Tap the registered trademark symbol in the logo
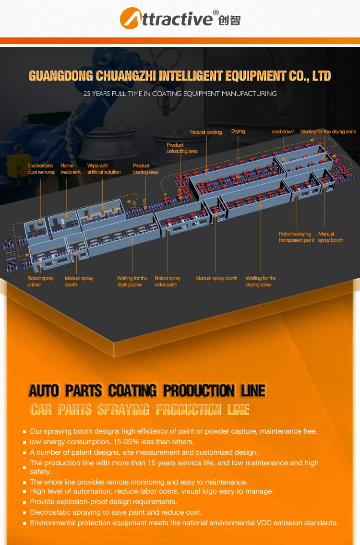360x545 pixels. click(216, 12)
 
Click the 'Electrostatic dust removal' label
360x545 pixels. click(41, 169)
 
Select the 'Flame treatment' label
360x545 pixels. click(70, 169)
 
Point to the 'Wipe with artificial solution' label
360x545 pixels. click(104, 169)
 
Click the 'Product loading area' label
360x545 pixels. click(145, 169)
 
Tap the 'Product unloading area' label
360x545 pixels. click(182, 148)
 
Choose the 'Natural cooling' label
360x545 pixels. click(206, 132)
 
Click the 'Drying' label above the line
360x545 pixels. click(238, 131)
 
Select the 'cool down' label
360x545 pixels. click(283, 131)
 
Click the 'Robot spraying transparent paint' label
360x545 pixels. click(297, 237)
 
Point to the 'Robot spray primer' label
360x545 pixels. click(40, 282)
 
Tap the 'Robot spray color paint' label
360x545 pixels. click(168, 282)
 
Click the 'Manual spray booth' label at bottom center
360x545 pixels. click(216, 278)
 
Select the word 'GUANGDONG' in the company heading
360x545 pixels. click(60, 76)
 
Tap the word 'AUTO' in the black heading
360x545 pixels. click(44, 391)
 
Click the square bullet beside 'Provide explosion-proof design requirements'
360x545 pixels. click(24, 502)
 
